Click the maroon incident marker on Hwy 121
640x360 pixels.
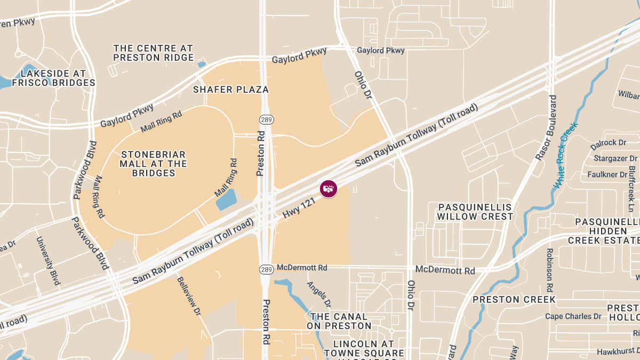point(329,188)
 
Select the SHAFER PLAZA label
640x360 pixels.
point(231,90)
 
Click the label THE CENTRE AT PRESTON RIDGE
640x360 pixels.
point(154,53)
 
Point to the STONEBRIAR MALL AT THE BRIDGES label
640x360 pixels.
point(154,164)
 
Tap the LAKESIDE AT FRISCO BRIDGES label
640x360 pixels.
point(53,78)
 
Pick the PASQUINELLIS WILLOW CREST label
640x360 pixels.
point(475,212)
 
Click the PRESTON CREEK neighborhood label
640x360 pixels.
point(514,300)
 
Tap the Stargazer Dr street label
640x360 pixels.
point(615,158)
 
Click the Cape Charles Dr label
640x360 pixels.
point(573,316)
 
